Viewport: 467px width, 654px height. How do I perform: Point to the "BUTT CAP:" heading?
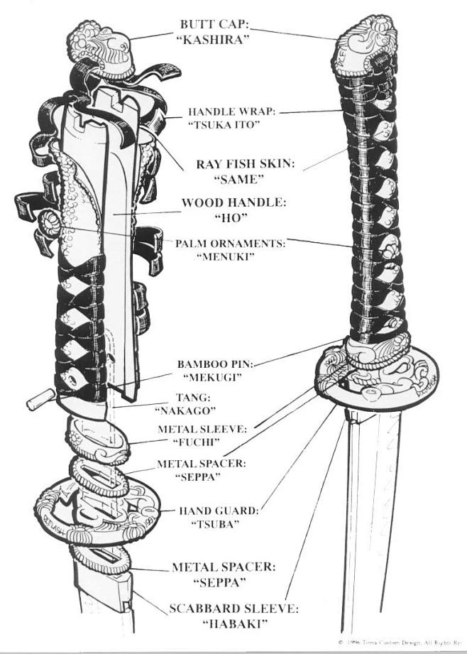(x=214, y=23)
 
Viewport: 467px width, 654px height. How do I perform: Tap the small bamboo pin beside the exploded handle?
(x=35, y=402)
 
